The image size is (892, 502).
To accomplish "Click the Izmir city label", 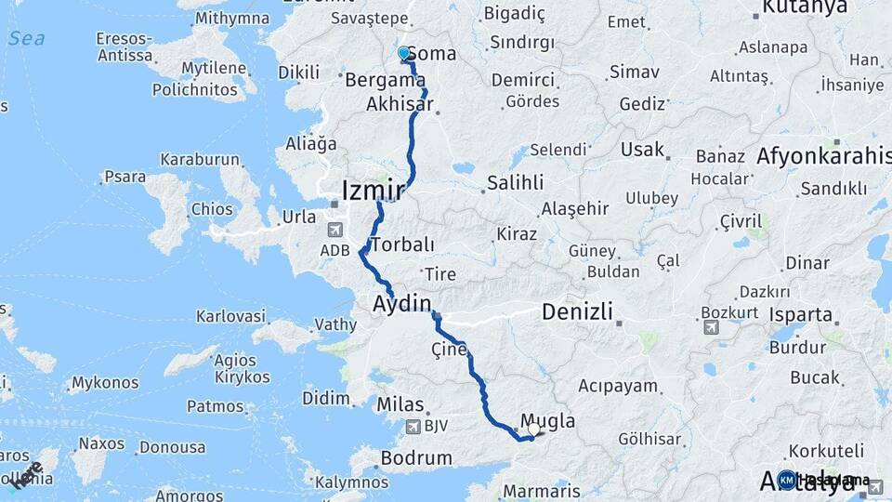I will coord(373,191).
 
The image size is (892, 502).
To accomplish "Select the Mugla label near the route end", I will coord(547,421).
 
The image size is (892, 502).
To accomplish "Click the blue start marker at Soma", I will coord(404,54).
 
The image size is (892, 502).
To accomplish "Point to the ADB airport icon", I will coord(334,230).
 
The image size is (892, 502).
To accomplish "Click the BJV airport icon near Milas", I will coord(413,427).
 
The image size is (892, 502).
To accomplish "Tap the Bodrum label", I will coord(414,458).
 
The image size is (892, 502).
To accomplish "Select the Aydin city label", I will coord(402,303).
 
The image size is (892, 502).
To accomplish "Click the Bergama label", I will coord(385,80).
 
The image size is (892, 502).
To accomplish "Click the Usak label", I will coord(643,150).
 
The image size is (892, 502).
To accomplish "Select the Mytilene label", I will coord(214,69).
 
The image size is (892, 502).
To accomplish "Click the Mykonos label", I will coord(105,382).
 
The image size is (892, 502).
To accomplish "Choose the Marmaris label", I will coord(541,491).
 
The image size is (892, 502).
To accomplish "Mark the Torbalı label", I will coord(402,245).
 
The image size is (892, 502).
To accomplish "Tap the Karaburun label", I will coord(200,159).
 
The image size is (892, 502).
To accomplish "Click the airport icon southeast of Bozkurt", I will coord(712,326).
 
